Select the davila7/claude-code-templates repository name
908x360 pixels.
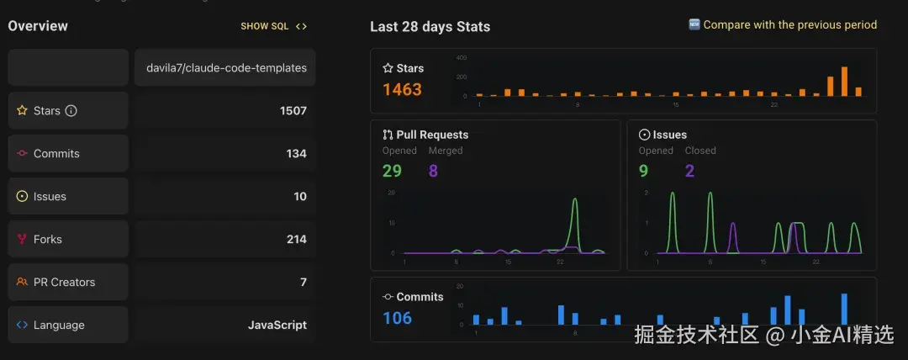tap(224, 67)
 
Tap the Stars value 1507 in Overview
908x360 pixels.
tap(293, 110)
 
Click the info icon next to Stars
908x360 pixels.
tap(71, 110)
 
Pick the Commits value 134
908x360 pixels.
tap(296, 153)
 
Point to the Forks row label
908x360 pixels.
tap(47, 239)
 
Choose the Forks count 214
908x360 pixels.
tap(296, 239)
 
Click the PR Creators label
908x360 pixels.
tap(64, 282)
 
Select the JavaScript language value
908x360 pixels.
tap(277, 325)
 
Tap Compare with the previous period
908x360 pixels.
tap(789, 25)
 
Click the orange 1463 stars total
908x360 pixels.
tap(402, 89)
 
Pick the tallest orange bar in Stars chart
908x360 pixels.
tap(844, 82)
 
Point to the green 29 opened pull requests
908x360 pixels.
tap(392, 171)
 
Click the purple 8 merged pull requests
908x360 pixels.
tap(433, 171)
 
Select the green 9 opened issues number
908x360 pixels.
tap(643, 171)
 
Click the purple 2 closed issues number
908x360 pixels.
tap(689, 171)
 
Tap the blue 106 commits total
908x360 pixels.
tap(397, 318)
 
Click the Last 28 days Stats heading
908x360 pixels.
tap(430, 26)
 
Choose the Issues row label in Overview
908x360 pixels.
tap(50, 196)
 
